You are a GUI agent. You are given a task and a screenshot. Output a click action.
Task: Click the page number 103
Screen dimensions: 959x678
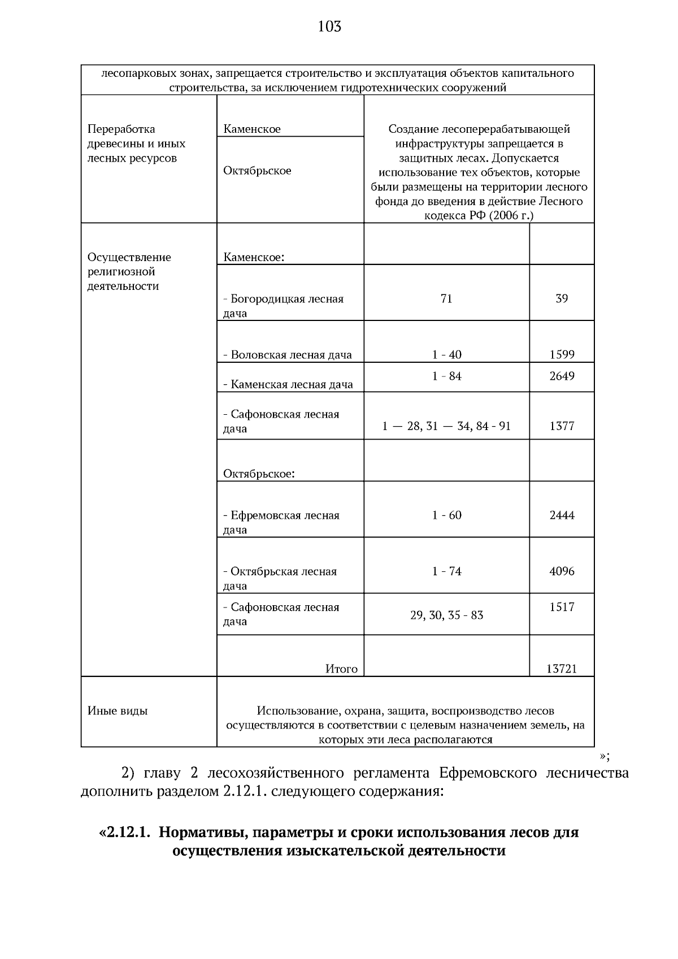tap(329, 27)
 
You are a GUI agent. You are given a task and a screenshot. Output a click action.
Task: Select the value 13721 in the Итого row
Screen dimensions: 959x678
tap(561, 669)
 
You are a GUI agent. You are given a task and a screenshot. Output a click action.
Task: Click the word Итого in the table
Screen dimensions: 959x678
tap(341, 669)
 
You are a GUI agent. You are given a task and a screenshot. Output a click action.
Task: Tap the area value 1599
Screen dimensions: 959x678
tap(562, 355)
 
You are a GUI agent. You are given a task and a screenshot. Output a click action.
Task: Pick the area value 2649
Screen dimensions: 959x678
tap(562, 376)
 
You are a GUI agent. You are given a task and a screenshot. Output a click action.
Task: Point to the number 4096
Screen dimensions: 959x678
tap(562, 571)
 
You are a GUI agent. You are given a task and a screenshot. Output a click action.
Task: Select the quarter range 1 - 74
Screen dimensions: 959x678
tap(446, 571)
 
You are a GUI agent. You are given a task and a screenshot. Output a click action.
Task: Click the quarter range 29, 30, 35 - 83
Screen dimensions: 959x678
tap(446, 615)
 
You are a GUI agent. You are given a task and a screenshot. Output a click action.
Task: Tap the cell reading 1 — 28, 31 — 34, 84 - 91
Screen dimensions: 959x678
tap(446, 426)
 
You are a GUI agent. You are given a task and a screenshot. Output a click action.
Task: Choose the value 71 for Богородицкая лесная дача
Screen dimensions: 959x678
tap(446, 298)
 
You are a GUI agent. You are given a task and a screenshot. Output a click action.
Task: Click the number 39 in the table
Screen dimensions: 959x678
tap(562, 298)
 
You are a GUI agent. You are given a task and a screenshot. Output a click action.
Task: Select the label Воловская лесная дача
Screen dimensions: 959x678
tap(288, 355)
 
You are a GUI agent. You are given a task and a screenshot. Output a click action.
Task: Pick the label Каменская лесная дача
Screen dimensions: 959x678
tap(288, 384)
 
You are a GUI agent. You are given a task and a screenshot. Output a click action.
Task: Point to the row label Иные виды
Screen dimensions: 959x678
tap(118, 711)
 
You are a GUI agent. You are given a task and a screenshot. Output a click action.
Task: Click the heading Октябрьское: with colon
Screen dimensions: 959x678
tap(259, 474)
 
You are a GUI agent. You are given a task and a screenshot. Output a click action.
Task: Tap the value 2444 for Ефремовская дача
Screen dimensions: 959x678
tap(562, 515)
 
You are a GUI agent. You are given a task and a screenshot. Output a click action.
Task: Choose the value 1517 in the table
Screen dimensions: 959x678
tap(562, 607)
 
